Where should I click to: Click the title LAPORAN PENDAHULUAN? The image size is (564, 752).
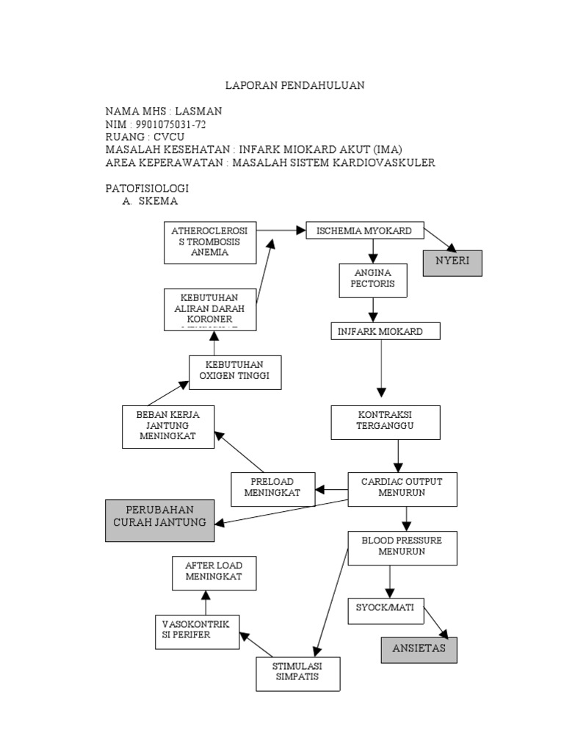pyautogui.click(x=294, y=85)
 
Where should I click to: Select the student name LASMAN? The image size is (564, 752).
pyautogui.click(x=196, y=111)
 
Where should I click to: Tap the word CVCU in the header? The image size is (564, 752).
pyautogui.click(x=169, y=137)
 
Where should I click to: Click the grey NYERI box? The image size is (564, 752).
pyautogui.click(x=452, y=262)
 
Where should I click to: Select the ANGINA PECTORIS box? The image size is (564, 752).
pyautogui.click(x=373, y=280)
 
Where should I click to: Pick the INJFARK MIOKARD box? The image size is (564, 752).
pyautogui.click(x=386, y=331)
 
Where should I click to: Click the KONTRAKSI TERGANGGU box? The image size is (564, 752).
pyautogui.click(x=386, y=422)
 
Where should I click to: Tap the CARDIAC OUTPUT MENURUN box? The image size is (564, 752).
pyautogui.click(x=402, y=488)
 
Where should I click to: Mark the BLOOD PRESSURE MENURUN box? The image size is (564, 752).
pyautogui.click(x=402, y=548)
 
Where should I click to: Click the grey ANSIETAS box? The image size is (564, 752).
pyautogui.click(x=419, y=649)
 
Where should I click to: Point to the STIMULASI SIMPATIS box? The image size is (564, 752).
pyautogui.click(x=297, y=673)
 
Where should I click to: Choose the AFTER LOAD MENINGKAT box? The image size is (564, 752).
pyautogui.click(x=214, y=573)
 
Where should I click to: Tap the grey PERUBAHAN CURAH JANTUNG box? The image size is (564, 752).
pyautogui.click(x=159, y=520)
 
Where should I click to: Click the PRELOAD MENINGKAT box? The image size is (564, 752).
pyautogui.click(x=272, y=488)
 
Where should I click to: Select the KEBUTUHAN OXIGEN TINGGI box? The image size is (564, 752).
pyautogui.click(x=235, y=372)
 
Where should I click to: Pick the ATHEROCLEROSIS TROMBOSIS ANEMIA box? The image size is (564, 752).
pyautogui.click(x=209, y=242)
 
